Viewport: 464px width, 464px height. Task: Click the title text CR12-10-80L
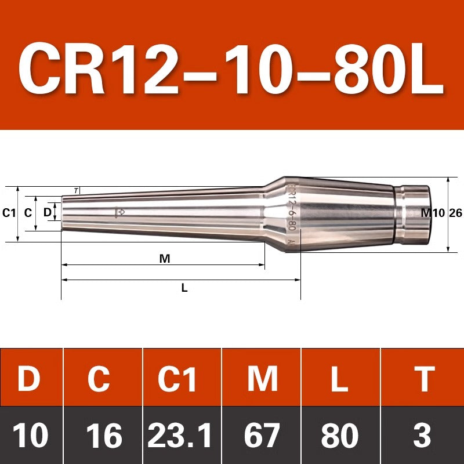click(x=231, y=68)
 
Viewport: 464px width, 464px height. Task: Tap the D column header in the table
click(x=29, y=379)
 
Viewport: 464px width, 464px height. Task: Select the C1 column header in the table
click(x=177, y=379)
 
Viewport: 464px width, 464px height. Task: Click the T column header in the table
click(x=425, y=379)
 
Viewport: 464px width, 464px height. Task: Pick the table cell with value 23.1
click(x=180, y=434)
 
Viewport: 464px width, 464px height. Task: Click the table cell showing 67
click(x=262, y=434)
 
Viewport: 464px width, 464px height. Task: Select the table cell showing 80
click(x=340, y=434)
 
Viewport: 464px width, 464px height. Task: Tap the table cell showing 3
click(x=422, y=434)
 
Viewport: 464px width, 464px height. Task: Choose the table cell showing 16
click(x=104, y=434)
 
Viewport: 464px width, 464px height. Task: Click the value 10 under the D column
click(x=30, y=434)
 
